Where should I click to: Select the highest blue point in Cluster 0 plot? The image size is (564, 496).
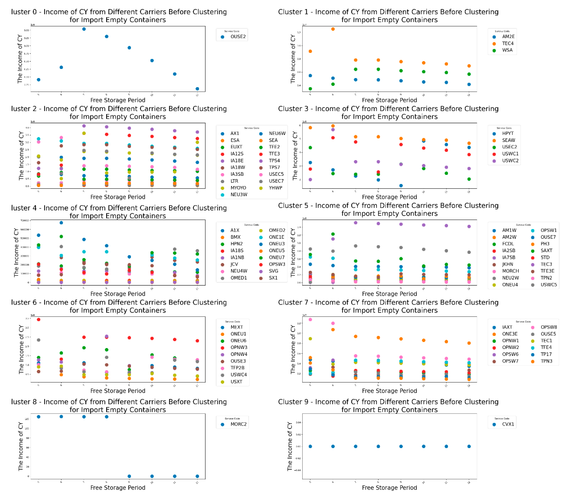click(x=84, y=29)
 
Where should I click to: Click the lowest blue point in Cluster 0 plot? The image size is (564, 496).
click(x=197, y=89)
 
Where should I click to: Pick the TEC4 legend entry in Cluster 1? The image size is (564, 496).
click(x=508, y=43)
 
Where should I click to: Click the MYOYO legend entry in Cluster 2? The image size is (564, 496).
click(x=238, y=188)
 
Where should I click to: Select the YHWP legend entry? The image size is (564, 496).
click(x=275, y=188)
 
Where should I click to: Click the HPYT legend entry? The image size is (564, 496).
click(x=508, y=133)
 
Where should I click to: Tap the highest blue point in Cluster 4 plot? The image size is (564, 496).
click(x=61, y=223)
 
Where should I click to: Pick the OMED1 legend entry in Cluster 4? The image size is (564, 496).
click(x=238, y=278)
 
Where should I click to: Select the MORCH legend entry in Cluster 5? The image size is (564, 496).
click(x=510, y=271)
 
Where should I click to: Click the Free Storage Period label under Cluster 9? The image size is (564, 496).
click(x=389, y=487)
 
